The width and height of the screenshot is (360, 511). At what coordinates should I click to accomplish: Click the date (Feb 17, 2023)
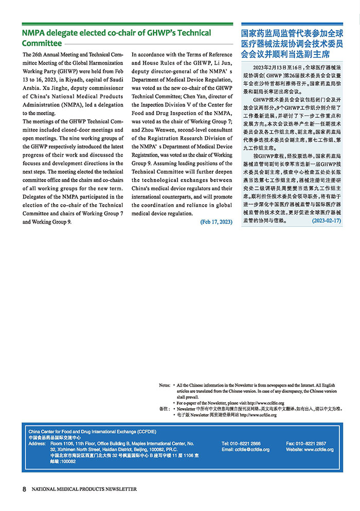[216, 222]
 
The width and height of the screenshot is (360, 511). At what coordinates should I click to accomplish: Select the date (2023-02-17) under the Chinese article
[326, 220]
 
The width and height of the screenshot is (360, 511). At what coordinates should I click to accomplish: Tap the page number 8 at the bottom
[24, 489]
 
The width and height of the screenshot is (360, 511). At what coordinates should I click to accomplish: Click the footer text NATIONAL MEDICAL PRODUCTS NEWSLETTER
[84, 489]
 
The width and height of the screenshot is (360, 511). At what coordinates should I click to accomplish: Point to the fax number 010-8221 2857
[313, 443]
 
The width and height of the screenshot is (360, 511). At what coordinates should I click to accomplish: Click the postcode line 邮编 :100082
[63, 462]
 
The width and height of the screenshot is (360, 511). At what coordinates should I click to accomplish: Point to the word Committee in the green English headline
[42, 44]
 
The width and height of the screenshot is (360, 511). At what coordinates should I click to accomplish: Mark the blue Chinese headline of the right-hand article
[293, 43]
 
